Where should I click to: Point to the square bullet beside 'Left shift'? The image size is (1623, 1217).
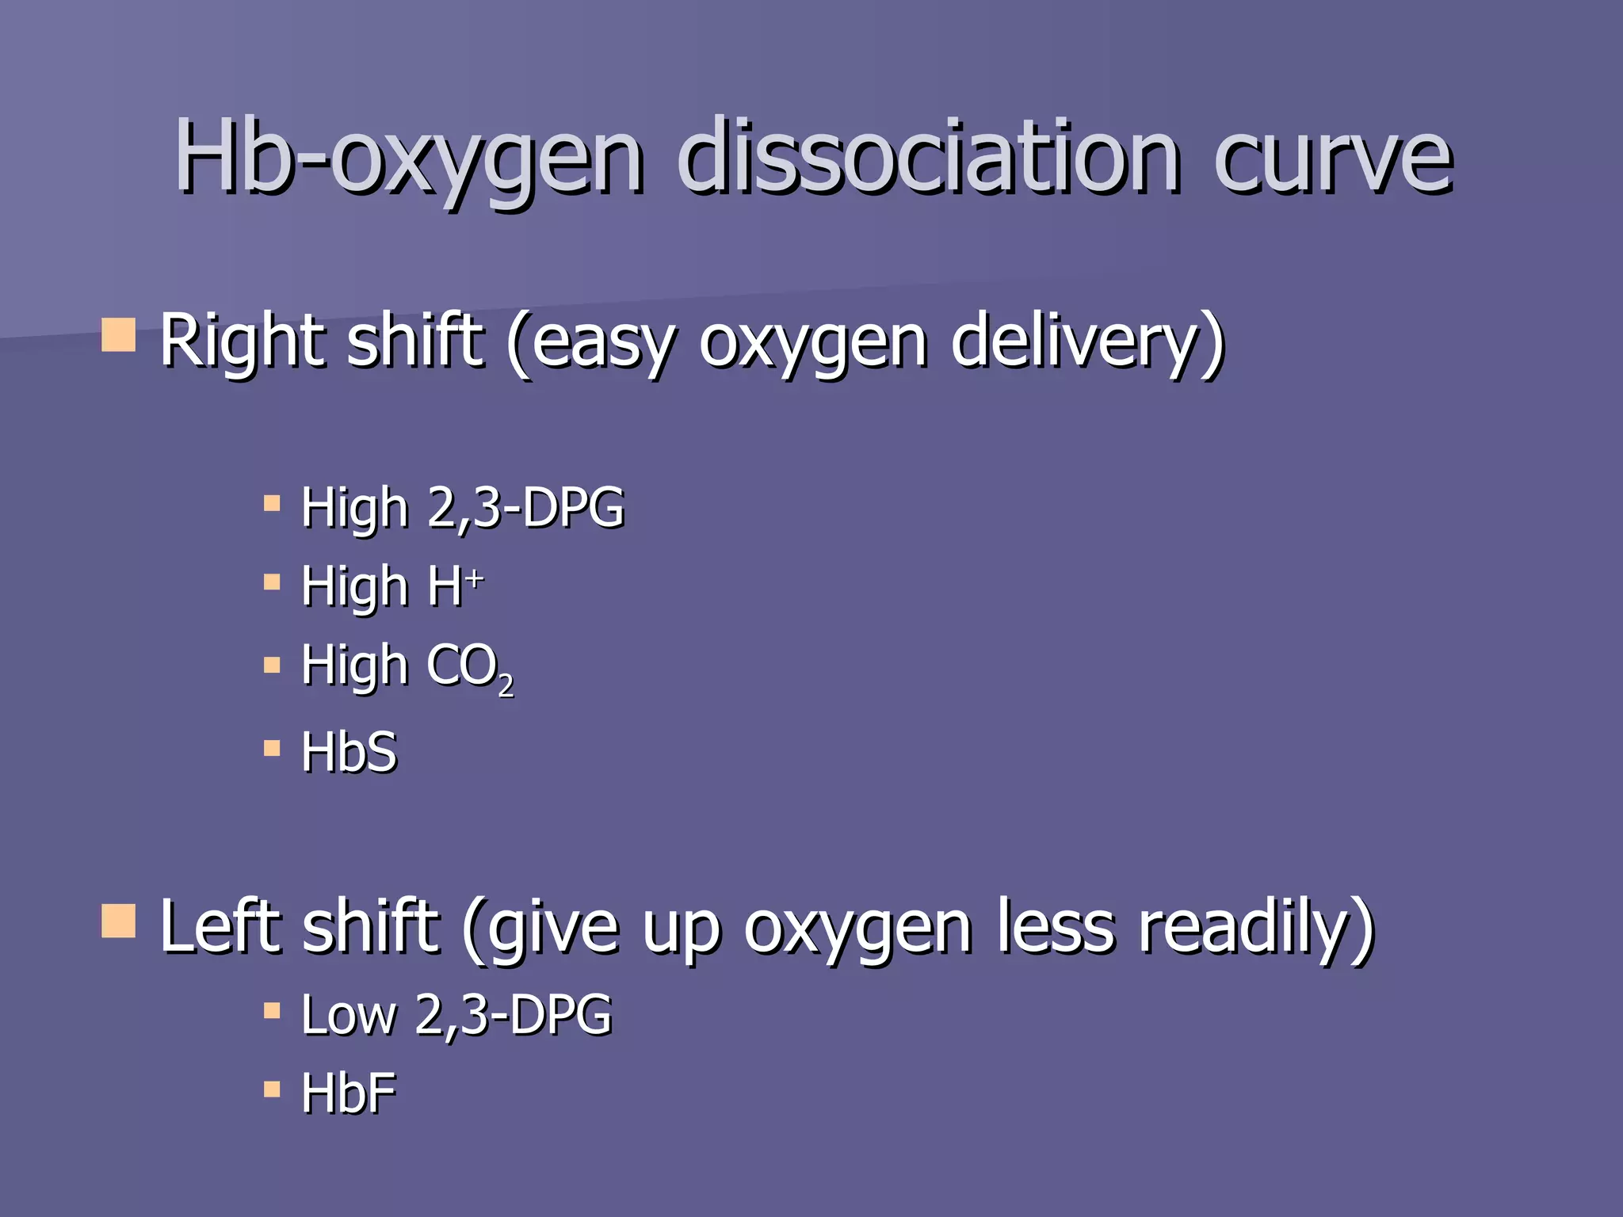tap(119, 921)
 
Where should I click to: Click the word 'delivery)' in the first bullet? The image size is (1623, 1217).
tap(1087, 342)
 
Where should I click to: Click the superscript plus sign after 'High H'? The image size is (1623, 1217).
tap(475, 580)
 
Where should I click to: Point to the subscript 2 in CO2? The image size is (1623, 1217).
tap(506, 686)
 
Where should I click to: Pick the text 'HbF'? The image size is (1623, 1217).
tap(349, 1093)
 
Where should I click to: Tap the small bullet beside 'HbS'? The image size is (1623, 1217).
tap(272, 748)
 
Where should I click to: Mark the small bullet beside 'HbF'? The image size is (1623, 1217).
tap(272, 1090)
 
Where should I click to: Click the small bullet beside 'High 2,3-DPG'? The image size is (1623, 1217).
tap(272, 503)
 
